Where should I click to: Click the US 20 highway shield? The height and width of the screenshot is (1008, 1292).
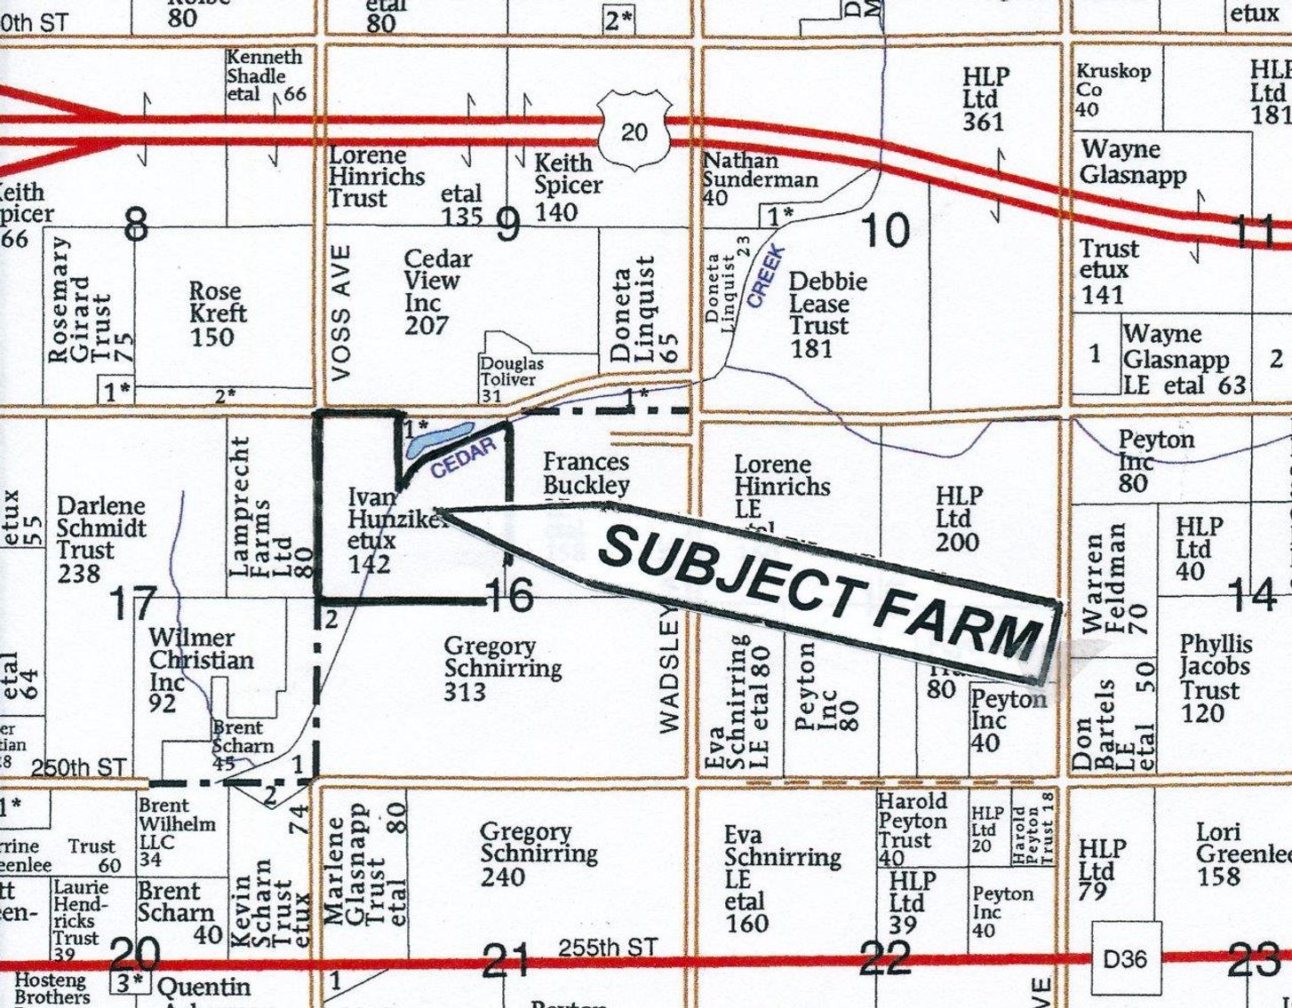pyautogui.click(x=633, y=131)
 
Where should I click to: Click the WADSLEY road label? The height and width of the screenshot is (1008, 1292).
pyautogui.click(x=669, y=670)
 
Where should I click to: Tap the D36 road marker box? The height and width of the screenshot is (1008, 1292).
pyautogui.click(x=1125, y=959)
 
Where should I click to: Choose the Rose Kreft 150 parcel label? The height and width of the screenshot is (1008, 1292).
pyautogui.click(x=216, y=314)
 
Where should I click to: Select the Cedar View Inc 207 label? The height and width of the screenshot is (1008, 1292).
pyautogui.click(x=437, y=291)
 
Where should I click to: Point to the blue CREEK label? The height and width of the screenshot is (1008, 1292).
pyautogui.click(x=766, y=277)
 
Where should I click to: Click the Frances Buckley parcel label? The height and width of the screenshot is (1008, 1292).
pyautogui.click(x=586, y=473)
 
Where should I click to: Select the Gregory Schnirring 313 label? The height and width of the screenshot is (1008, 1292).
pyautogui.click(x=502, y=668)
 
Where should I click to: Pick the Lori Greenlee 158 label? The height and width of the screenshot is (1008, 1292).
pyautogui.click(x=1240, y=853)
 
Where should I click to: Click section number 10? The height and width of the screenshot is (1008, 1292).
pyautogui.click(x=886, y=231)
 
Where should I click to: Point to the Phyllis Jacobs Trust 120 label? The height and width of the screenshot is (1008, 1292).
pyautogui.click(x=1216, y=678)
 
